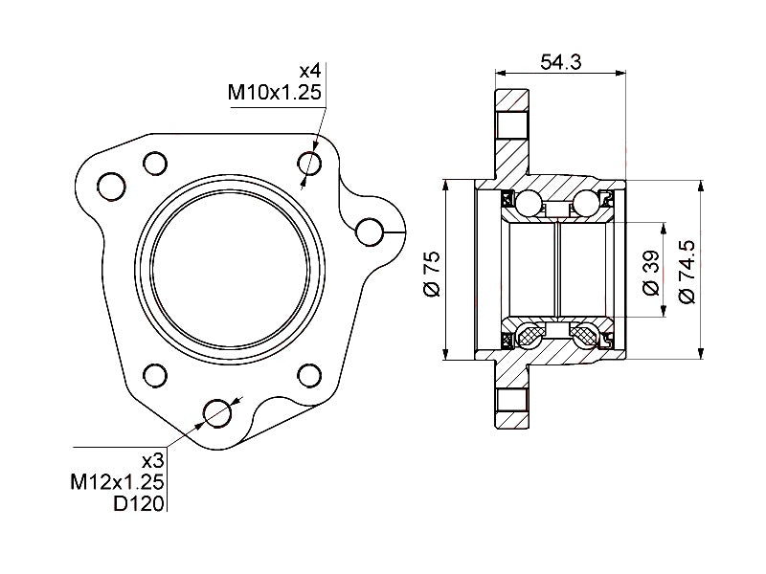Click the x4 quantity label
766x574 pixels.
(x=309, y=71)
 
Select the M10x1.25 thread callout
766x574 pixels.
(x=274, y=93)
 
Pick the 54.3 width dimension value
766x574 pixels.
(x=560, y=62)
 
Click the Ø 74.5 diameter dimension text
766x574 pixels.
(x=686, y=273)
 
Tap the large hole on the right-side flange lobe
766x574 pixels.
(x=370, y=231)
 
